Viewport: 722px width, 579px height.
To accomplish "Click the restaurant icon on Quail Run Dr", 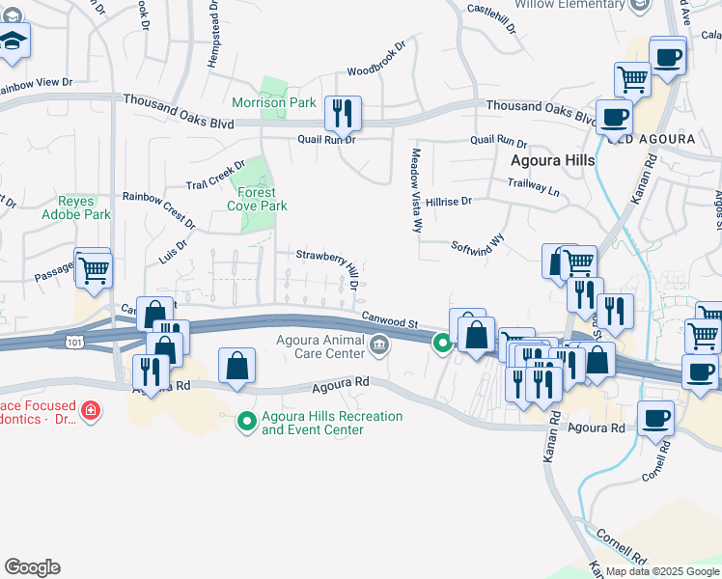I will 343,114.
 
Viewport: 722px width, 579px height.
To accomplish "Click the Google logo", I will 32,567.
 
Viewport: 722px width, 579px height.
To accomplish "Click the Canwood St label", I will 389,317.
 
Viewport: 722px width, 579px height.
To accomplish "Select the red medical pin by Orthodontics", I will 91,412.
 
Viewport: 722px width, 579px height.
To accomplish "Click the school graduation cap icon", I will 13,42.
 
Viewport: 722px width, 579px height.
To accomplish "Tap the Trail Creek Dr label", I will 216,175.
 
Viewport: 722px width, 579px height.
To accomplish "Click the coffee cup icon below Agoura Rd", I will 656,419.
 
